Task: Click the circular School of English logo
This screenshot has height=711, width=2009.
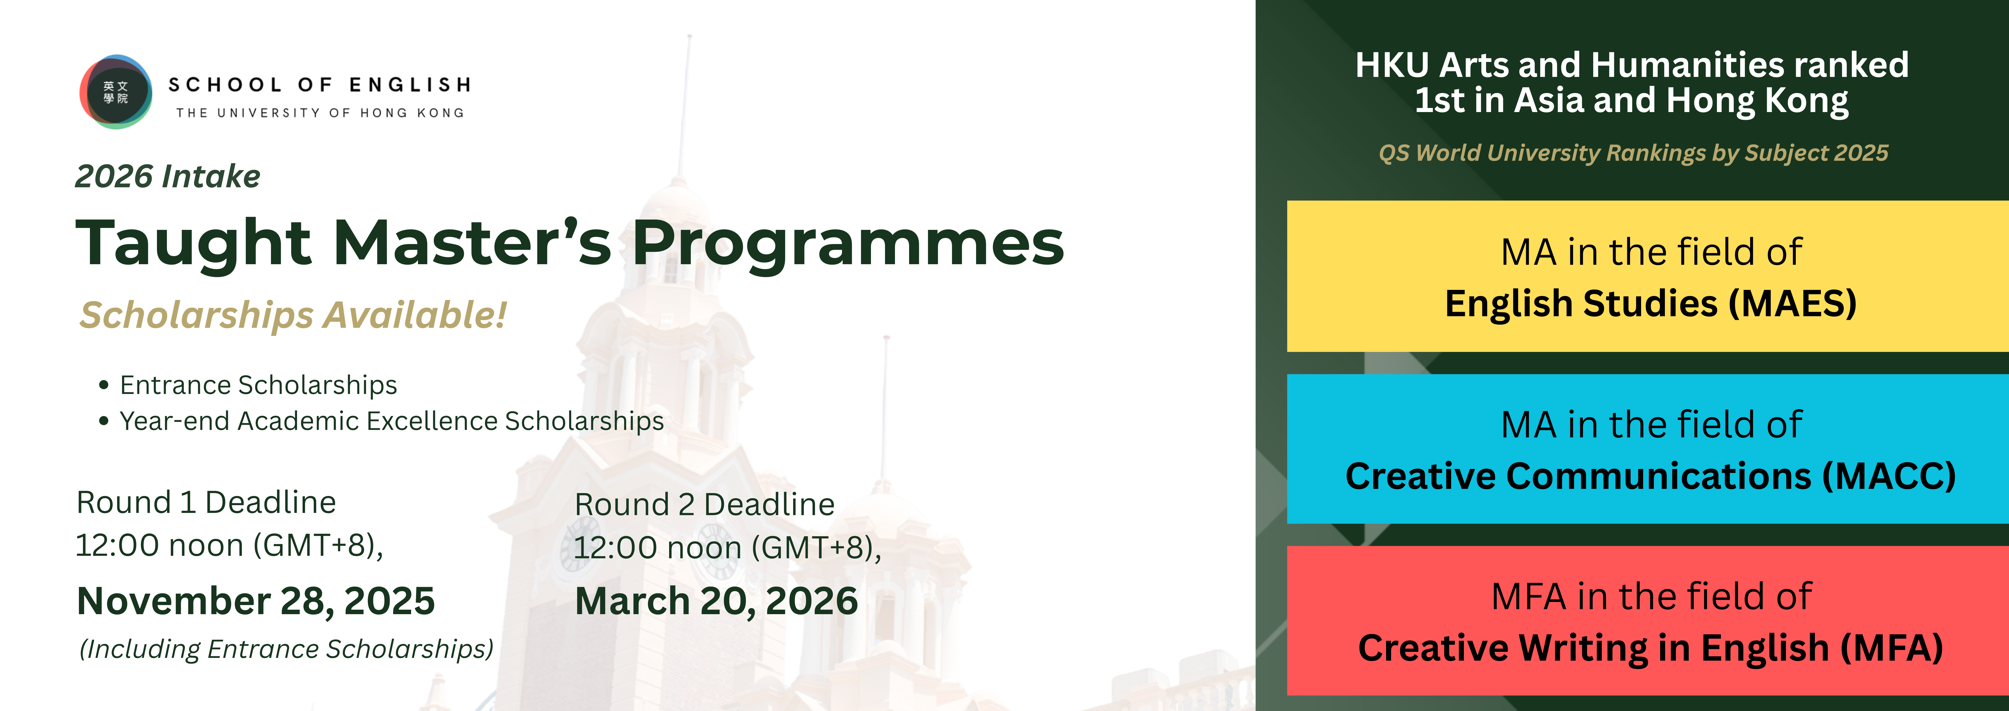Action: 115,92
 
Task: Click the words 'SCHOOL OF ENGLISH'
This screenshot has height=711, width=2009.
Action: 320,84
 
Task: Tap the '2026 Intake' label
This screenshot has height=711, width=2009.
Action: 168,176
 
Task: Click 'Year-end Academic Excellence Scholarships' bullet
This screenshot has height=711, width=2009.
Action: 391,421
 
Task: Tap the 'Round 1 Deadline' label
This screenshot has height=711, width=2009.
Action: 206,502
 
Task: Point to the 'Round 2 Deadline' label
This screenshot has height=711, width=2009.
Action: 704,504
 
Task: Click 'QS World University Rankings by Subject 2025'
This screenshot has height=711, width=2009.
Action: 1633,153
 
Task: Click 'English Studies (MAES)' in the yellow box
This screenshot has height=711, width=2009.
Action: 1650,303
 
